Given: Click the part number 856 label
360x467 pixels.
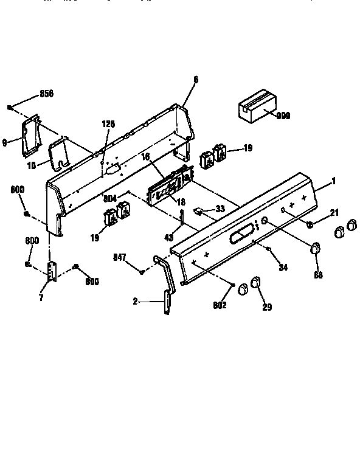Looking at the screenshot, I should [x=46, y=94].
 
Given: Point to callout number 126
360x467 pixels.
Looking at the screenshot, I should [x=108, y=124].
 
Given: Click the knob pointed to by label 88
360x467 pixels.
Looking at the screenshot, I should [x=315, y=247].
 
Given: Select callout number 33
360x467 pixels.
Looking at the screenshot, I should [x=220, y=209].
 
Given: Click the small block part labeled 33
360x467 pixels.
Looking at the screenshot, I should [x=198, y=210].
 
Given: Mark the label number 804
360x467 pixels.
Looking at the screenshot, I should [x=110, y=198].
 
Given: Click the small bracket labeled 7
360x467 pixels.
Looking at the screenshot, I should [x=52, y=270].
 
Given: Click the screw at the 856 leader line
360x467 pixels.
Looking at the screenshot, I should [x=11, y=108].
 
